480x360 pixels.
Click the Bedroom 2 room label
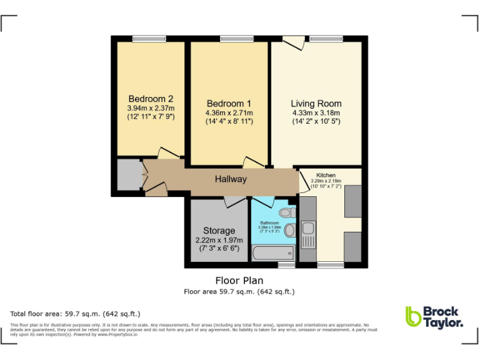point(151,99)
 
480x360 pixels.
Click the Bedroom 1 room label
point(229,103)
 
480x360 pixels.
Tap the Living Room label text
point(316,103)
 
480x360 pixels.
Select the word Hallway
point(231,179)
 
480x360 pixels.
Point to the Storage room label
point(219,231)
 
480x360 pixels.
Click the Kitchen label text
point(326,176)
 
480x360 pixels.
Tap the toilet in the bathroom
point(287,213)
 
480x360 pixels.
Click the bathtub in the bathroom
point(273,253)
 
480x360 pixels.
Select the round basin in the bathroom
point(290,231)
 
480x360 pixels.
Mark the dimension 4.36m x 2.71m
point(229,112)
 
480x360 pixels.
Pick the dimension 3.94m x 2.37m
point(151,108)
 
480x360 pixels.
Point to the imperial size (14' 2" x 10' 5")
point(316,121)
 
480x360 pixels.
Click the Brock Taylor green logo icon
point(413,316)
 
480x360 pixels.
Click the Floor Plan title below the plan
point(239,281)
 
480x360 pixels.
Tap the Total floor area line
point(75,314)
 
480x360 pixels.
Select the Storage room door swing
point(234,202)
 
